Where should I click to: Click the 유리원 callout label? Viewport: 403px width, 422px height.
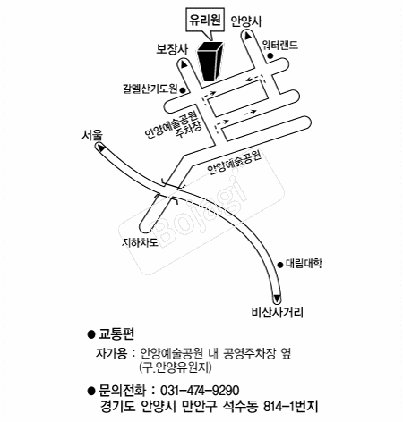point(205,20)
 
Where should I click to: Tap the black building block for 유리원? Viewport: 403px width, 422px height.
point(210,62)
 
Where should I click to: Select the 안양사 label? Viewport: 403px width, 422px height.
point(247,21)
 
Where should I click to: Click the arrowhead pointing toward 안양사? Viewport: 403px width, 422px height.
point(248,36)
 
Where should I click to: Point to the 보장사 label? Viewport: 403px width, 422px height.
point(172,49)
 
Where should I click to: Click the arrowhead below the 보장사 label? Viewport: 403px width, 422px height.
point(184,64)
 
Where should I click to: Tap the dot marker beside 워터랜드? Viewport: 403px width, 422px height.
point(270,55)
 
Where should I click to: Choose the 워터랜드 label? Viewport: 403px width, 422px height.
point(279,45)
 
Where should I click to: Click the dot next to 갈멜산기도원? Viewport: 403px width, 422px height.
point(183,89)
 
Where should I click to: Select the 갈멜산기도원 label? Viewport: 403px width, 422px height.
point(150,89)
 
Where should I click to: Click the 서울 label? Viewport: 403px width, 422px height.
point(92,135)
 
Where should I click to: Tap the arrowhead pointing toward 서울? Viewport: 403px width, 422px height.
point(101,148)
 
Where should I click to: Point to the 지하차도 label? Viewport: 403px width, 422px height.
point(140,242)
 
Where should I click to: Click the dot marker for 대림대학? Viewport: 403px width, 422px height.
point(280,265)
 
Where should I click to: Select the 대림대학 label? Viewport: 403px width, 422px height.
point(304,264)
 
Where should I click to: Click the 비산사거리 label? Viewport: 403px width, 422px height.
point(278,312)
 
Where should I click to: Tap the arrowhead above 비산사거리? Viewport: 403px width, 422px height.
point(277,299)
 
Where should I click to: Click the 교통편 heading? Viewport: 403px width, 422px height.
point(116,333)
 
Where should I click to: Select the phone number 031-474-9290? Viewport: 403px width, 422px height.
point(200,391)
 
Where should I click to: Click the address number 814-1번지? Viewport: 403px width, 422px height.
point(290,407)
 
